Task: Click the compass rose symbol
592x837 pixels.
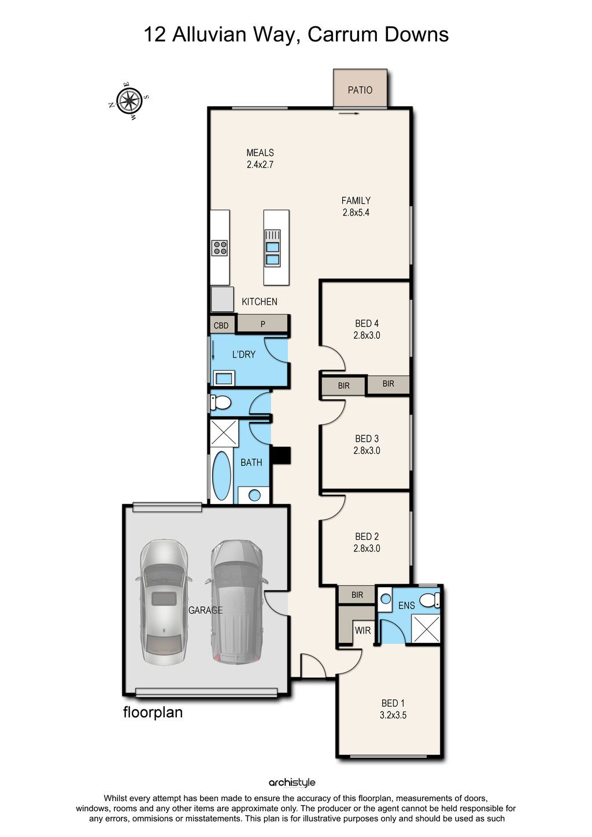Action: point(129,100)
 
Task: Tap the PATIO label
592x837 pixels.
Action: point(360,90)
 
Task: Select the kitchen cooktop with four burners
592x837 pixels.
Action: point(219,248)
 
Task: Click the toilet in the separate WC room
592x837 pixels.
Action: point(220,403)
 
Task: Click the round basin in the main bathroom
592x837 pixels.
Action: point(254,495)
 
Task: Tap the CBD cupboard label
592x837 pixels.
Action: point(221,325)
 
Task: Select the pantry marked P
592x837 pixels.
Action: point(262,324)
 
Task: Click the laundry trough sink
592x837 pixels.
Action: point(224,378)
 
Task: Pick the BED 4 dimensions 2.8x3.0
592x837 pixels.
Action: point(367,335)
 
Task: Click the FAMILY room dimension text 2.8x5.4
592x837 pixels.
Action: point(356,212)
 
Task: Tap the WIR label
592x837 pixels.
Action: point(362,630)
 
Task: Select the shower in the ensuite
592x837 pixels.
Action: point(425,628)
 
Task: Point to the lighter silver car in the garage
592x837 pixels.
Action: point(164,602)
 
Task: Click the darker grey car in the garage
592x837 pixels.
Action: point(236,602)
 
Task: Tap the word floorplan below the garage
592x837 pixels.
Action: point(153,712)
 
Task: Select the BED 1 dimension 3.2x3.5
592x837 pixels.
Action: point(393,715)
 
